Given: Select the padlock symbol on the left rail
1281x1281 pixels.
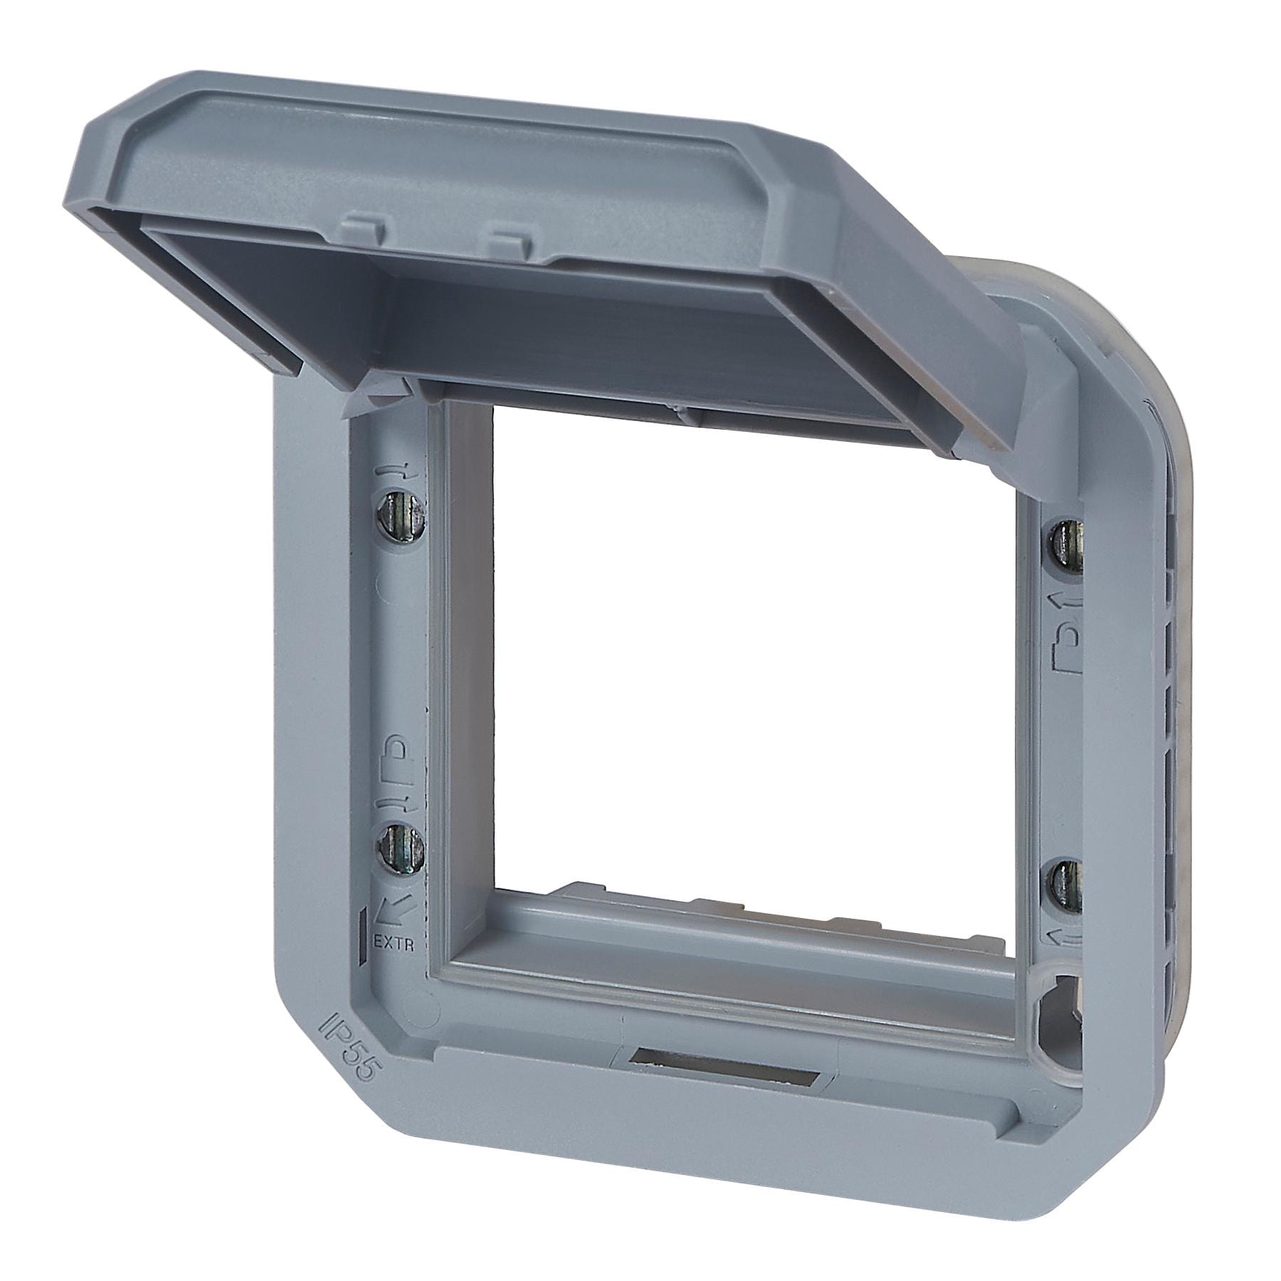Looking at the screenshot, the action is coord(399,756).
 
